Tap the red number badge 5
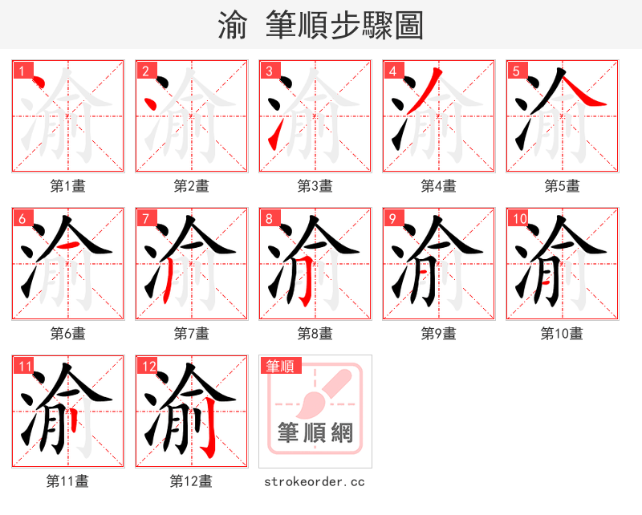click(x=517, y=71)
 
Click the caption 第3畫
click(x=315, y=186)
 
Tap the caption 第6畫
click(x=67, y=333)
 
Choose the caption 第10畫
click(x=562, y=333)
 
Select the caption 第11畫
click(x=67, y=481)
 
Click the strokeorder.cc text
click(x=315, y=481)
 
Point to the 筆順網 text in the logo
click(x=315, y=433)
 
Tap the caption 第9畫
click(x=438, y=333)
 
